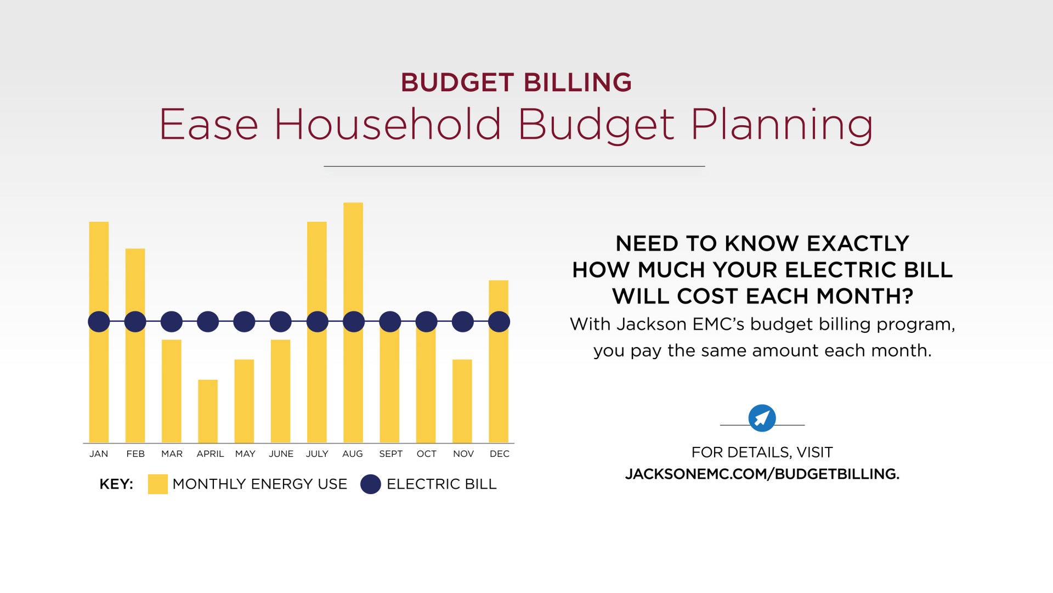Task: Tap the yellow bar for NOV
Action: [x=462, y=401]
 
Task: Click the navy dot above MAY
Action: [x=244, y=322]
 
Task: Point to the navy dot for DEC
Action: [x=499, y=322]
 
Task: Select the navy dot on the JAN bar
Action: [x=99, y=322]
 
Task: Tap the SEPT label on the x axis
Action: [x=390, y=454]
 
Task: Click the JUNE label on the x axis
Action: [x=281, y=454]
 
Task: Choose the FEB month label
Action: [x=135, y=454]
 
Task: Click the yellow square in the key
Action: [x=157, y=484]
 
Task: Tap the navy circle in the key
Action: [x=371, y=484]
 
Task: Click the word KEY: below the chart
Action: [x=116, y=484]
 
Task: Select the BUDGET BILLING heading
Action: [x=516, y=83]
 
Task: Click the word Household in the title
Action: [x=387, y=125]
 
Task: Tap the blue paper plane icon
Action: [x=762, y=418]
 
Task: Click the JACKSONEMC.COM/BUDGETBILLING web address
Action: [x=762, y=474]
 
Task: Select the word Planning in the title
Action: [x=781, y=126]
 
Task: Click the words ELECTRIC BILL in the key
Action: [x=441, y=484]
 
